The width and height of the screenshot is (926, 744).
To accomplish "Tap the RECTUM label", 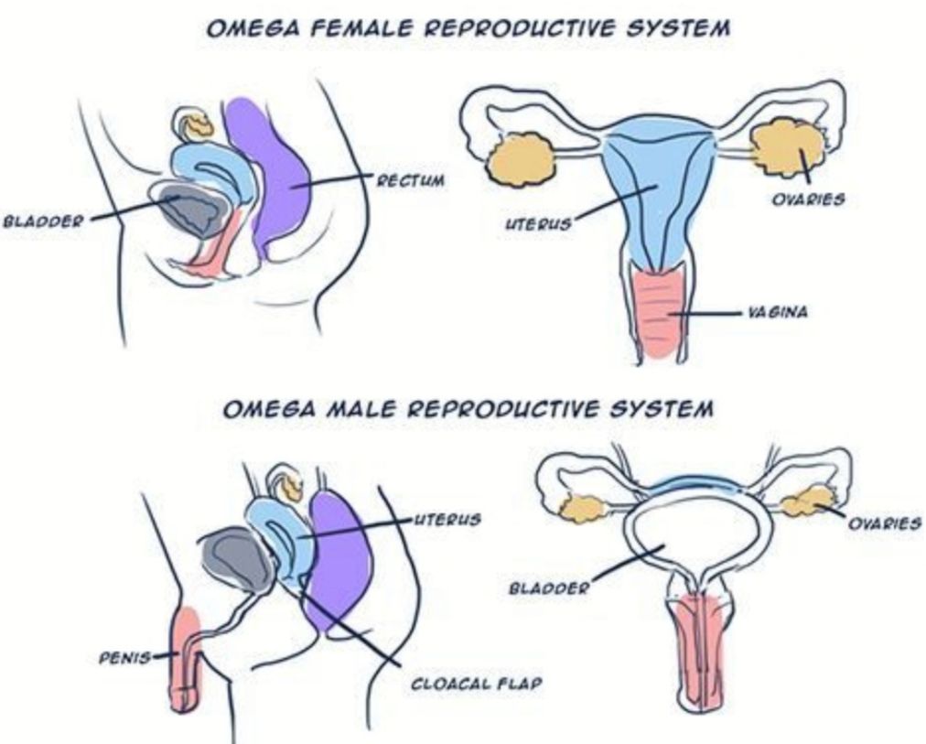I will point(410,180).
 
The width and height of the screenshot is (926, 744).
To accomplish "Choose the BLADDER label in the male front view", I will point(549,587).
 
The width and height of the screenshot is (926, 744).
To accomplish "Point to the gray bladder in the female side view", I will point(188,212).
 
